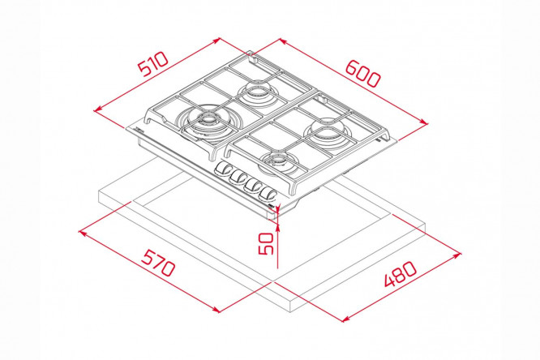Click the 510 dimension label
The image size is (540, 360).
[x=153, y=64]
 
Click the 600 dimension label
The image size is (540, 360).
[x=363, y=73]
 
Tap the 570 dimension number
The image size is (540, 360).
[x=159, y=263]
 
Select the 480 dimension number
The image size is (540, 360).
[x=401, y=274]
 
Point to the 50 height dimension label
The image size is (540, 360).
[x=266, y=243]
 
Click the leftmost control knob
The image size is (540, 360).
[x=222, y=169]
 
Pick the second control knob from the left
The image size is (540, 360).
[x=238, y=177]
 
